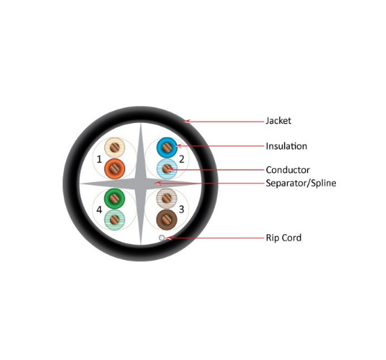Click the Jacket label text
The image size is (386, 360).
click(x=278, y=120)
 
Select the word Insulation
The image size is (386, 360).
click(x=287, y=146)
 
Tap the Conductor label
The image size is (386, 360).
click(x=287, y=170)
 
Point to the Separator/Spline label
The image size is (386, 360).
click(x=301, y=183)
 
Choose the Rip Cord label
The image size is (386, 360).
click(x=284, y=238)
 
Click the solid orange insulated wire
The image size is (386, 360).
click(x=115, y=169)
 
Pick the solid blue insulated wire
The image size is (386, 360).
click(x=167, y=147)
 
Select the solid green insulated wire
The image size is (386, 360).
click(x=115, y=199)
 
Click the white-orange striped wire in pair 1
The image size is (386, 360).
click(x=115, y=147)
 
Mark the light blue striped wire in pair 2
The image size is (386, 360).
click(x=167, y=169)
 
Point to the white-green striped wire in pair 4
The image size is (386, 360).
click(x=115, y=220)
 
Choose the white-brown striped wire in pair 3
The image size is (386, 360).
click(x=167, y=198)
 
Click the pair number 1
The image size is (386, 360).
click(x=99, y=159)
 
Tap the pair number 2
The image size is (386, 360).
click(x=182, y=159)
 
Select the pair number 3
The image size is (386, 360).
click(x=182, y=209)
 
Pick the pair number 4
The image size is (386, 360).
click(x=99, y=210)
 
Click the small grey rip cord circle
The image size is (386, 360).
click(x=162, y=238)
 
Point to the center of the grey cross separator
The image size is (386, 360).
click(x=140, y=183)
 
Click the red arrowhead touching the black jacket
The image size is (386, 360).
click(x=187, y=121)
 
